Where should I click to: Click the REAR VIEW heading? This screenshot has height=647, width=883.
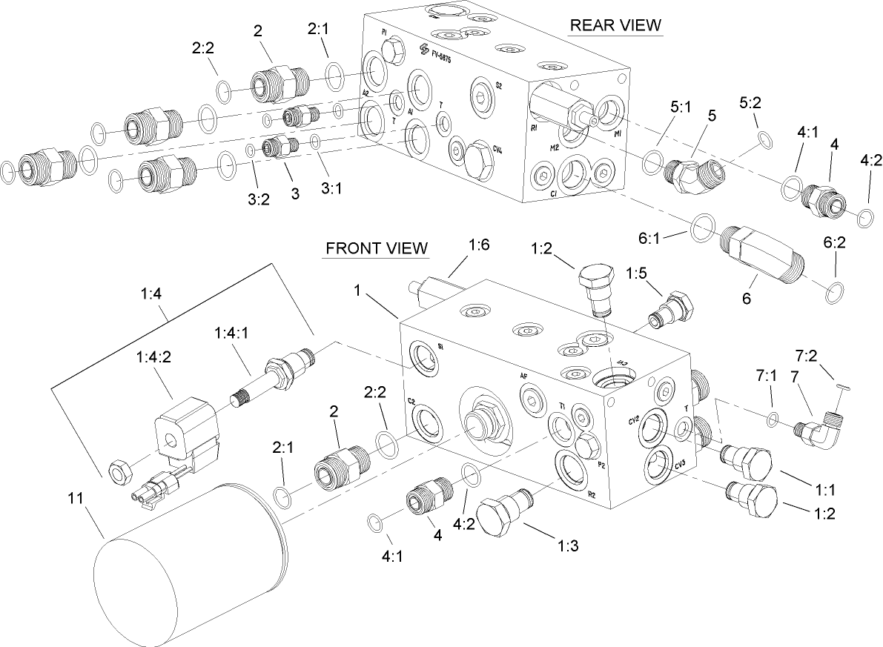coord(615,24)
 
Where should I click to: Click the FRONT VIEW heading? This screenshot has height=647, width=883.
coord(377,248)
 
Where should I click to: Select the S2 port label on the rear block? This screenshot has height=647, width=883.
coord(498,86)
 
